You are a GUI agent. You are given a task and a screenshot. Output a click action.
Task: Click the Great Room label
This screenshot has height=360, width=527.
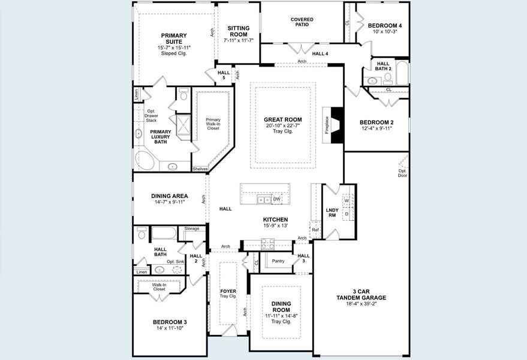[x=283, y=119]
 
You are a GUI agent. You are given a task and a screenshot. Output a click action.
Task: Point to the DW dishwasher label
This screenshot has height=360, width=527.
[x=276, y=199]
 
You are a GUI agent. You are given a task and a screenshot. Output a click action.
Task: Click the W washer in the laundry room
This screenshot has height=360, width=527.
[x=347, y=200]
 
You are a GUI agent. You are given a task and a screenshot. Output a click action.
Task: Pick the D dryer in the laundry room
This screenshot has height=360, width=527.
[x=347, y=213]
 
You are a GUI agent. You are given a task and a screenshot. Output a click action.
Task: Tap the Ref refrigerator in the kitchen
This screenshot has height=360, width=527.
[x=315, y=230]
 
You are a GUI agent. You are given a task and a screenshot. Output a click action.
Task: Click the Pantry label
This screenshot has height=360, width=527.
[x=278, y=261]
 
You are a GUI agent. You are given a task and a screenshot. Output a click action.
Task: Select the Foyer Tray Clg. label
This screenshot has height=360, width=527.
[x=228, y=293]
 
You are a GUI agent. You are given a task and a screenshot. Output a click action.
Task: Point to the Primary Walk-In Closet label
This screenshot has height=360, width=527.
[x=213, y=124]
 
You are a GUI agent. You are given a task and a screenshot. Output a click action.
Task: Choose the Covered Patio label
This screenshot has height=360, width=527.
[x=302, y=23]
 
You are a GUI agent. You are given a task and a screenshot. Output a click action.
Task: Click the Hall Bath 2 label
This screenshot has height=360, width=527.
[x=384, y=65]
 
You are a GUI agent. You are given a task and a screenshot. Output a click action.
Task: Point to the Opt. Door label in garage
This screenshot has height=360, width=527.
[x=402, y=174]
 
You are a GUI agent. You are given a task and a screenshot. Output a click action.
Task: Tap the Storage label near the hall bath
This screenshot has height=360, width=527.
[x=192, y=229]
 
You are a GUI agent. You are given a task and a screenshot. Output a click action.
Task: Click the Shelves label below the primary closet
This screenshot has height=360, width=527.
[x=200, y=169]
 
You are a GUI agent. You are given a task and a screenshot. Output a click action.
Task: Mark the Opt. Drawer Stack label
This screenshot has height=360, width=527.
[x=152, y=115]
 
